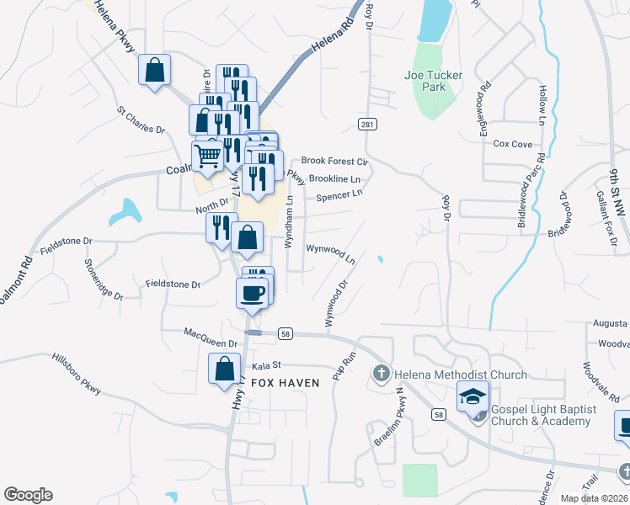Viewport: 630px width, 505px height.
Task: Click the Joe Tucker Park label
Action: (433, 81)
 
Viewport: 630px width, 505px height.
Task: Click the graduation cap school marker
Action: (472, 396)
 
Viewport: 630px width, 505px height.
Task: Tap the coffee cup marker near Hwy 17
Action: (252, 293)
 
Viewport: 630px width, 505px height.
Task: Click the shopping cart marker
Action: (206, 154)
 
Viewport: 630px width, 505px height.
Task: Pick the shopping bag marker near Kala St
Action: (224, 369)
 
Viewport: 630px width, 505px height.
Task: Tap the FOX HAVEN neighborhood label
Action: (285, 383)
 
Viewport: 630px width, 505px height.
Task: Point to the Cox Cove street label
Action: (513, 144)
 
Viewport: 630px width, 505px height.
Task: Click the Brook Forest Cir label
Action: (335, 161)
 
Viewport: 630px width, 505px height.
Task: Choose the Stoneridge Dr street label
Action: (103, 279)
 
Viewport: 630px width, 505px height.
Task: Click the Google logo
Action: (28, 495)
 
